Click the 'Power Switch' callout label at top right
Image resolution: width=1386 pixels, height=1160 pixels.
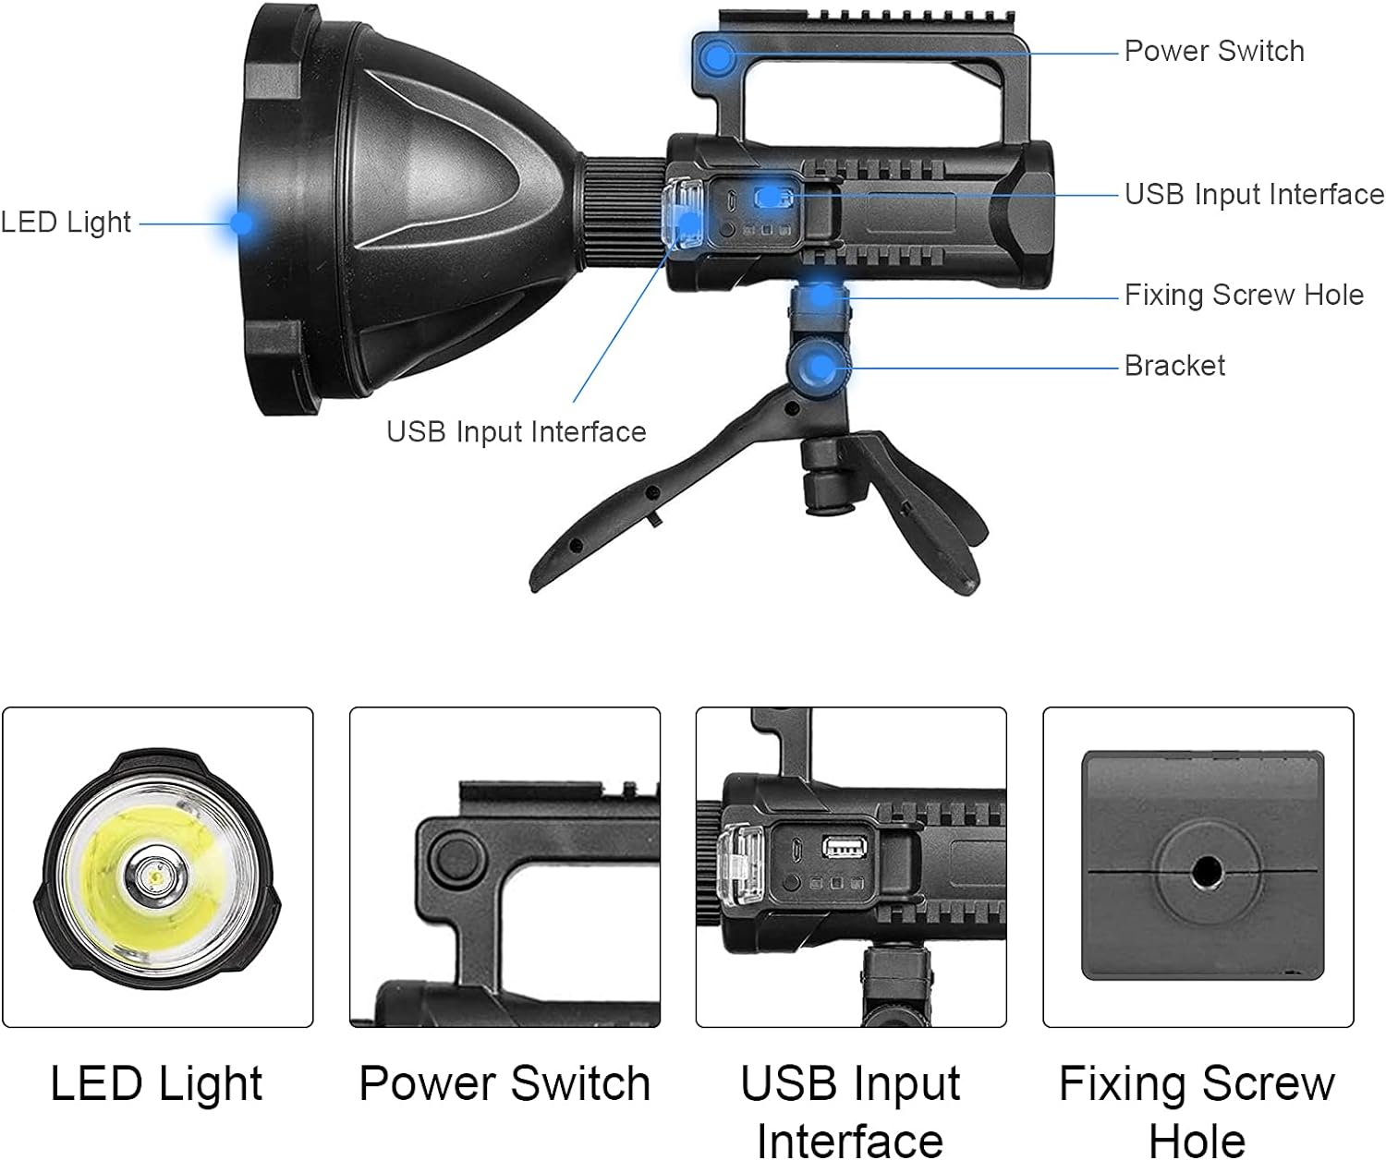1214,51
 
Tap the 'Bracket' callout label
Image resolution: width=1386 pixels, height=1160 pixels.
1174,366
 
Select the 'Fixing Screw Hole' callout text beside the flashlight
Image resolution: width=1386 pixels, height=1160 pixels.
1244,295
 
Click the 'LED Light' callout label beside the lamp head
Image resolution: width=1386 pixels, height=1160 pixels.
66,223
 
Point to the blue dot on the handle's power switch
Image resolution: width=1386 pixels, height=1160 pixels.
717,58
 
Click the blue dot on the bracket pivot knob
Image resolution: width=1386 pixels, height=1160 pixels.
821,367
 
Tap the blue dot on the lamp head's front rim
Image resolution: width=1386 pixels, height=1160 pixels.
241,222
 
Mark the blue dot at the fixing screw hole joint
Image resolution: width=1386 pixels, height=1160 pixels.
821,295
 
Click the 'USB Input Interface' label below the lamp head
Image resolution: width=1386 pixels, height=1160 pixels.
516,432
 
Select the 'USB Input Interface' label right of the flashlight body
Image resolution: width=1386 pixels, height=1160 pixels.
1255,195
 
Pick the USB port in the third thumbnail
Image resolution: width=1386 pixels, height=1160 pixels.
845,848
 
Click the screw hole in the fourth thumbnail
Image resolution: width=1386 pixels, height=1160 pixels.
1206,871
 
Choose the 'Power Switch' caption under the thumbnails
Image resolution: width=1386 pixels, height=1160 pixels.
505,1083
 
